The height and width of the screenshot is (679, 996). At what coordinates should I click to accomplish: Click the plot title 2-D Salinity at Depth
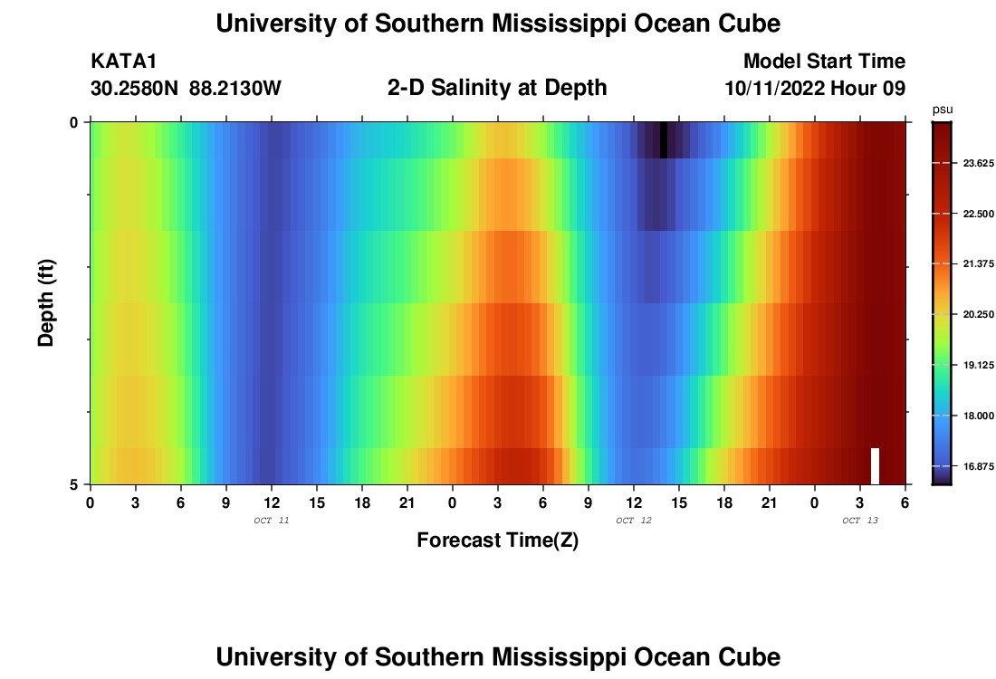[496, 88]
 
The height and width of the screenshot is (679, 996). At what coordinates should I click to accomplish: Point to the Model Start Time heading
[824, 62]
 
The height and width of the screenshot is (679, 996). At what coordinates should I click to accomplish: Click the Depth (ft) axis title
[46, 302]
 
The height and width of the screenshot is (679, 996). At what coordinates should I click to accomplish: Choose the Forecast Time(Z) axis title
[497, 540]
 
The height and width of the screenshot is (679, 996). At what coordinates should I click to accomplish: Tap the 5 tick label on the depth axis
[74, 484]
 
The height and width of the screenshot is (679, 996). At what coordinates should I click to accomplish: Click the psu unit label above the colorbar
[943, 110]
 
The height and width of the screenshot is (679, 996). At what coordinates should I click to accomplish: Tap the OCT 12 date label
[633, 521]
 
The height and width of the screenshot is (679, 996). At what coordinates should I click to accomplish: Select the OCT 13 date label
[859, 521]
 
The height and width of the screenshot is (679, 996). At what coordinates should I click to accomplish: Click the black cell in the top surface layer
[664, 140]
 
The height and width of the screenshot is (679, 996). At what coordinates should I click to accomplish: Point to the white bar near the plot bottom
[875, 465]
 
